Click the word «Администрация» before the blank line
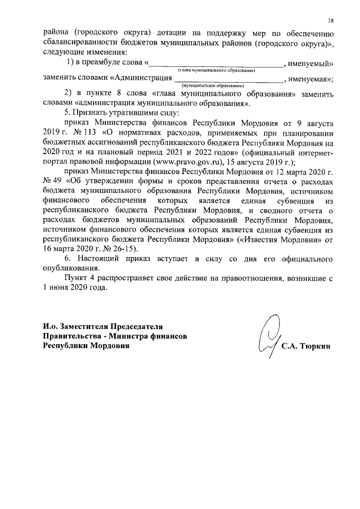(141, 78)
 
